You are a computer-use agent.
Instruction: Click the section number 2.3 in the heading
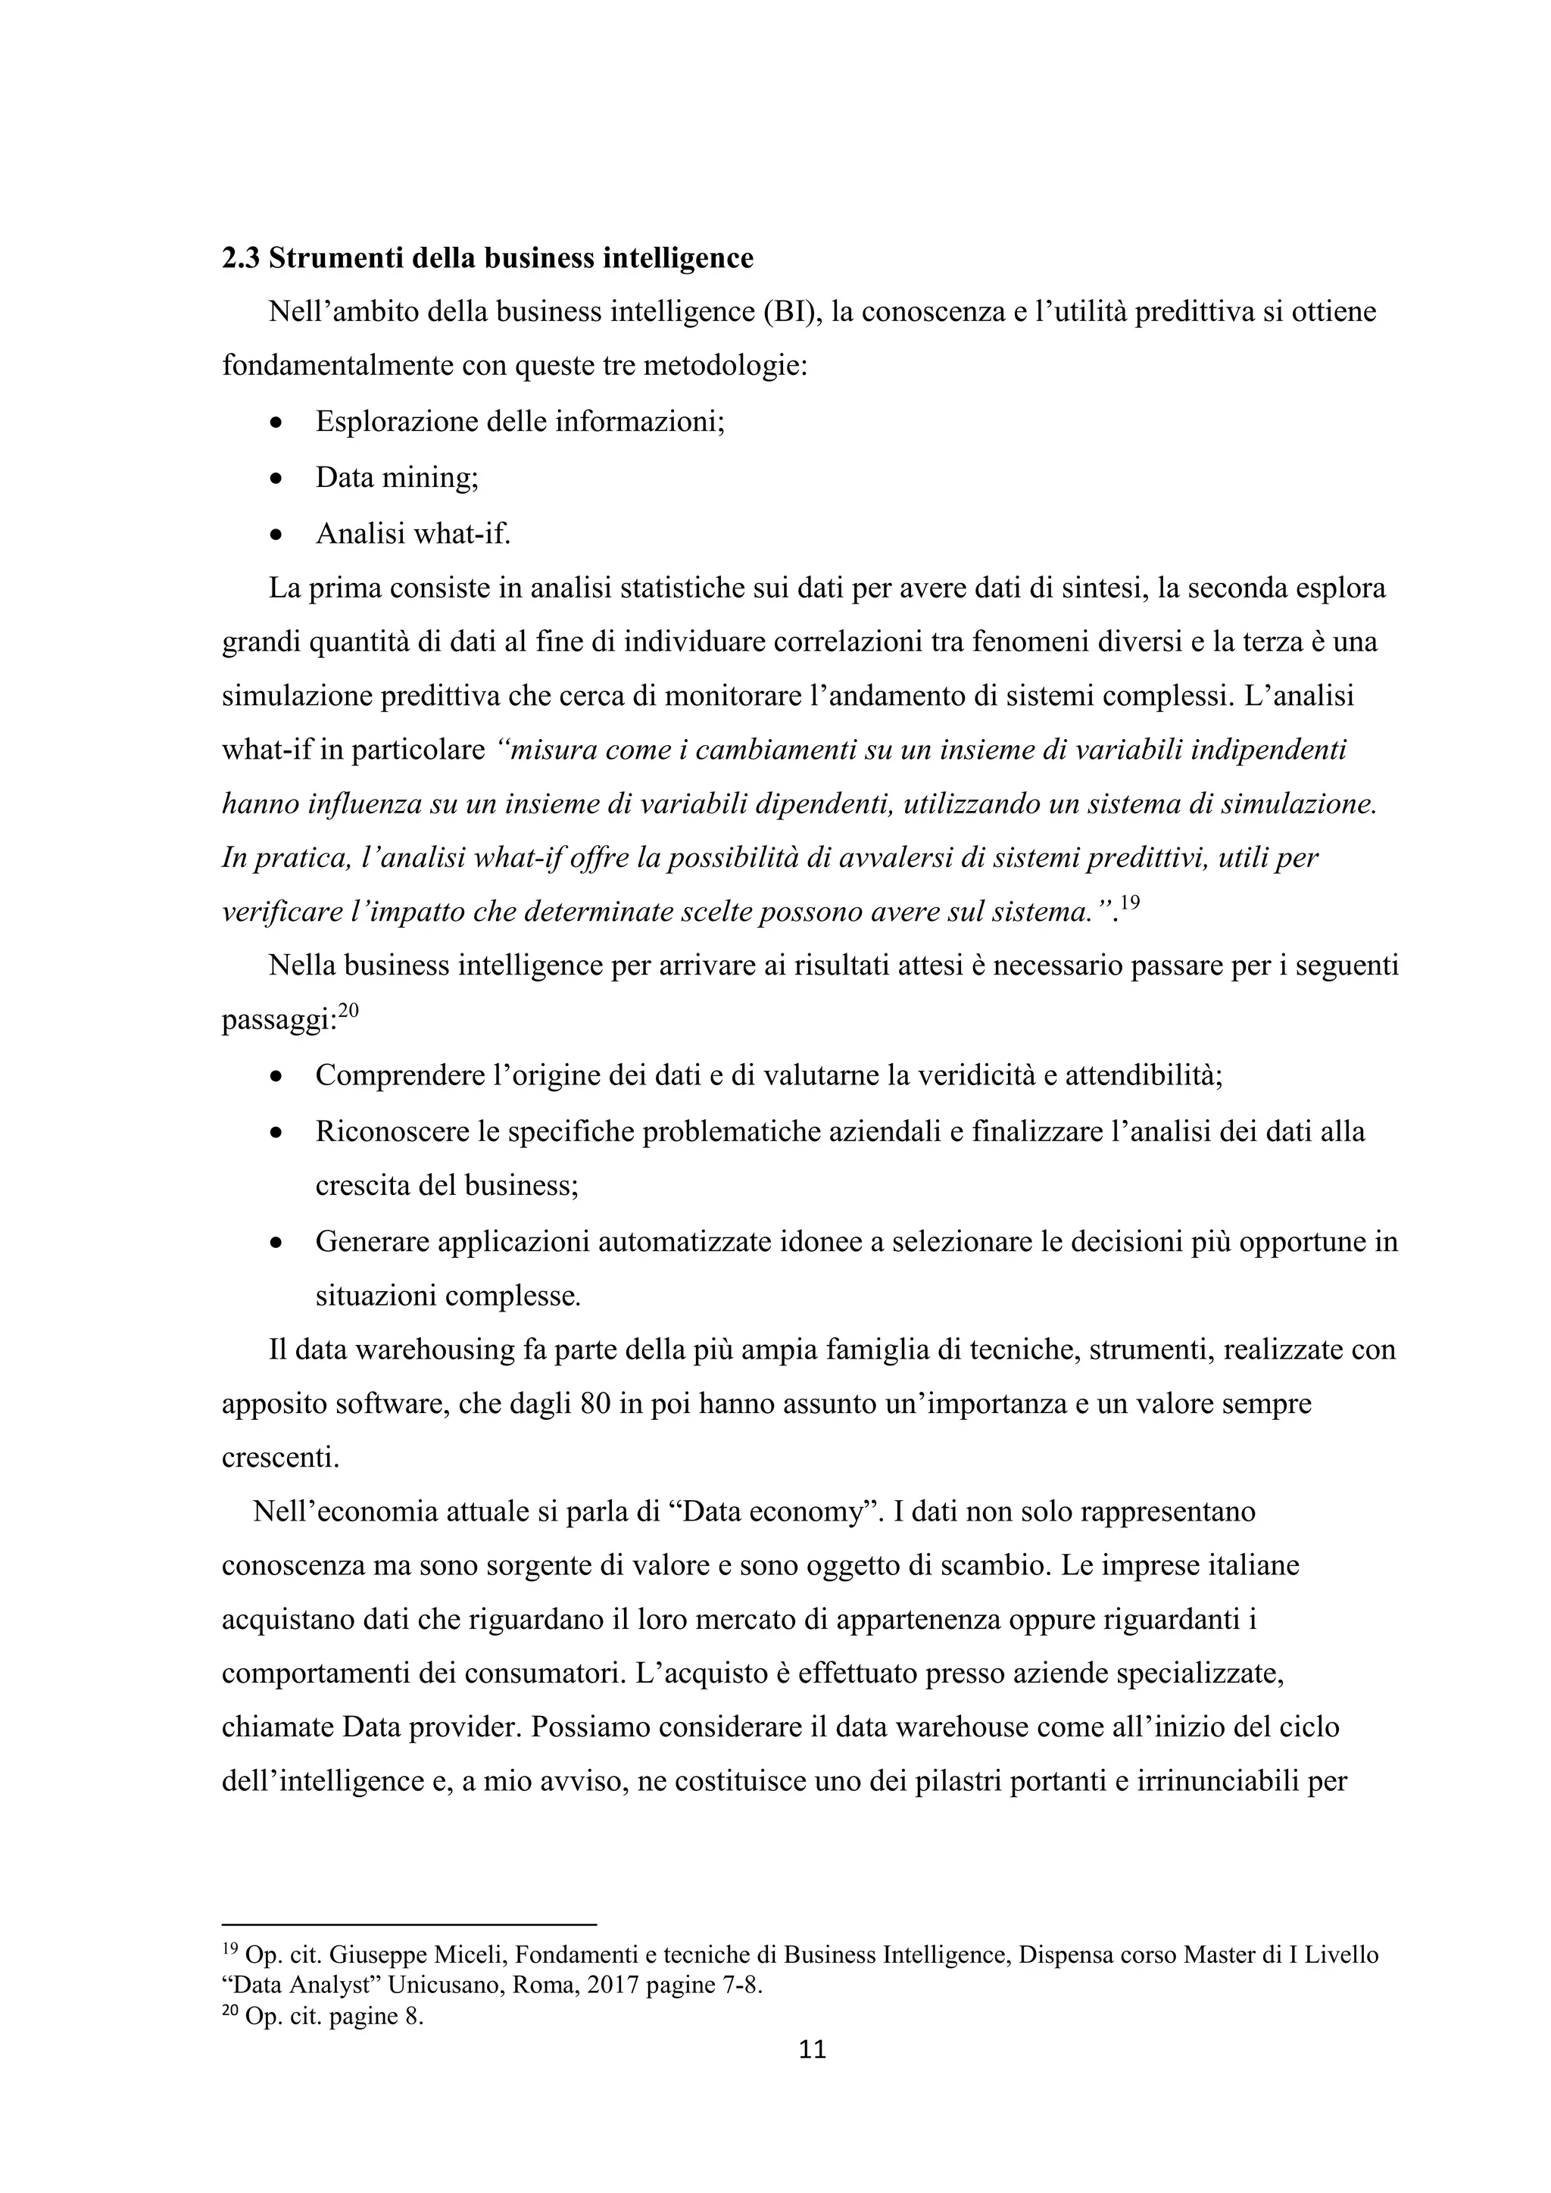pyautogui.click(x=241, y=259)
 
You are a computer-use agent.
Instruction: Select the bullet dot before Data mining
pyautogui.click(x=277, y=478)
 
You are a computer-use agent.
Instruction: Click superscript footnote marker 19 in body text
pyautogui.click(x=1130, y=902)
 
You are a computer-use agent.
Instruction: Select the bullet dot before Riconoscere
pyautogui.click(x=277, y=1134)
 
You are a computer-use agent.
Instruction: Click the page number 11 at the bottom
pyautogui.click(x=812, y=2050)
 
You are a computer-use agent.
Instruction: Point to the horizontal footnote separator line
pyautogui.click(x=409, y=1925)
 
